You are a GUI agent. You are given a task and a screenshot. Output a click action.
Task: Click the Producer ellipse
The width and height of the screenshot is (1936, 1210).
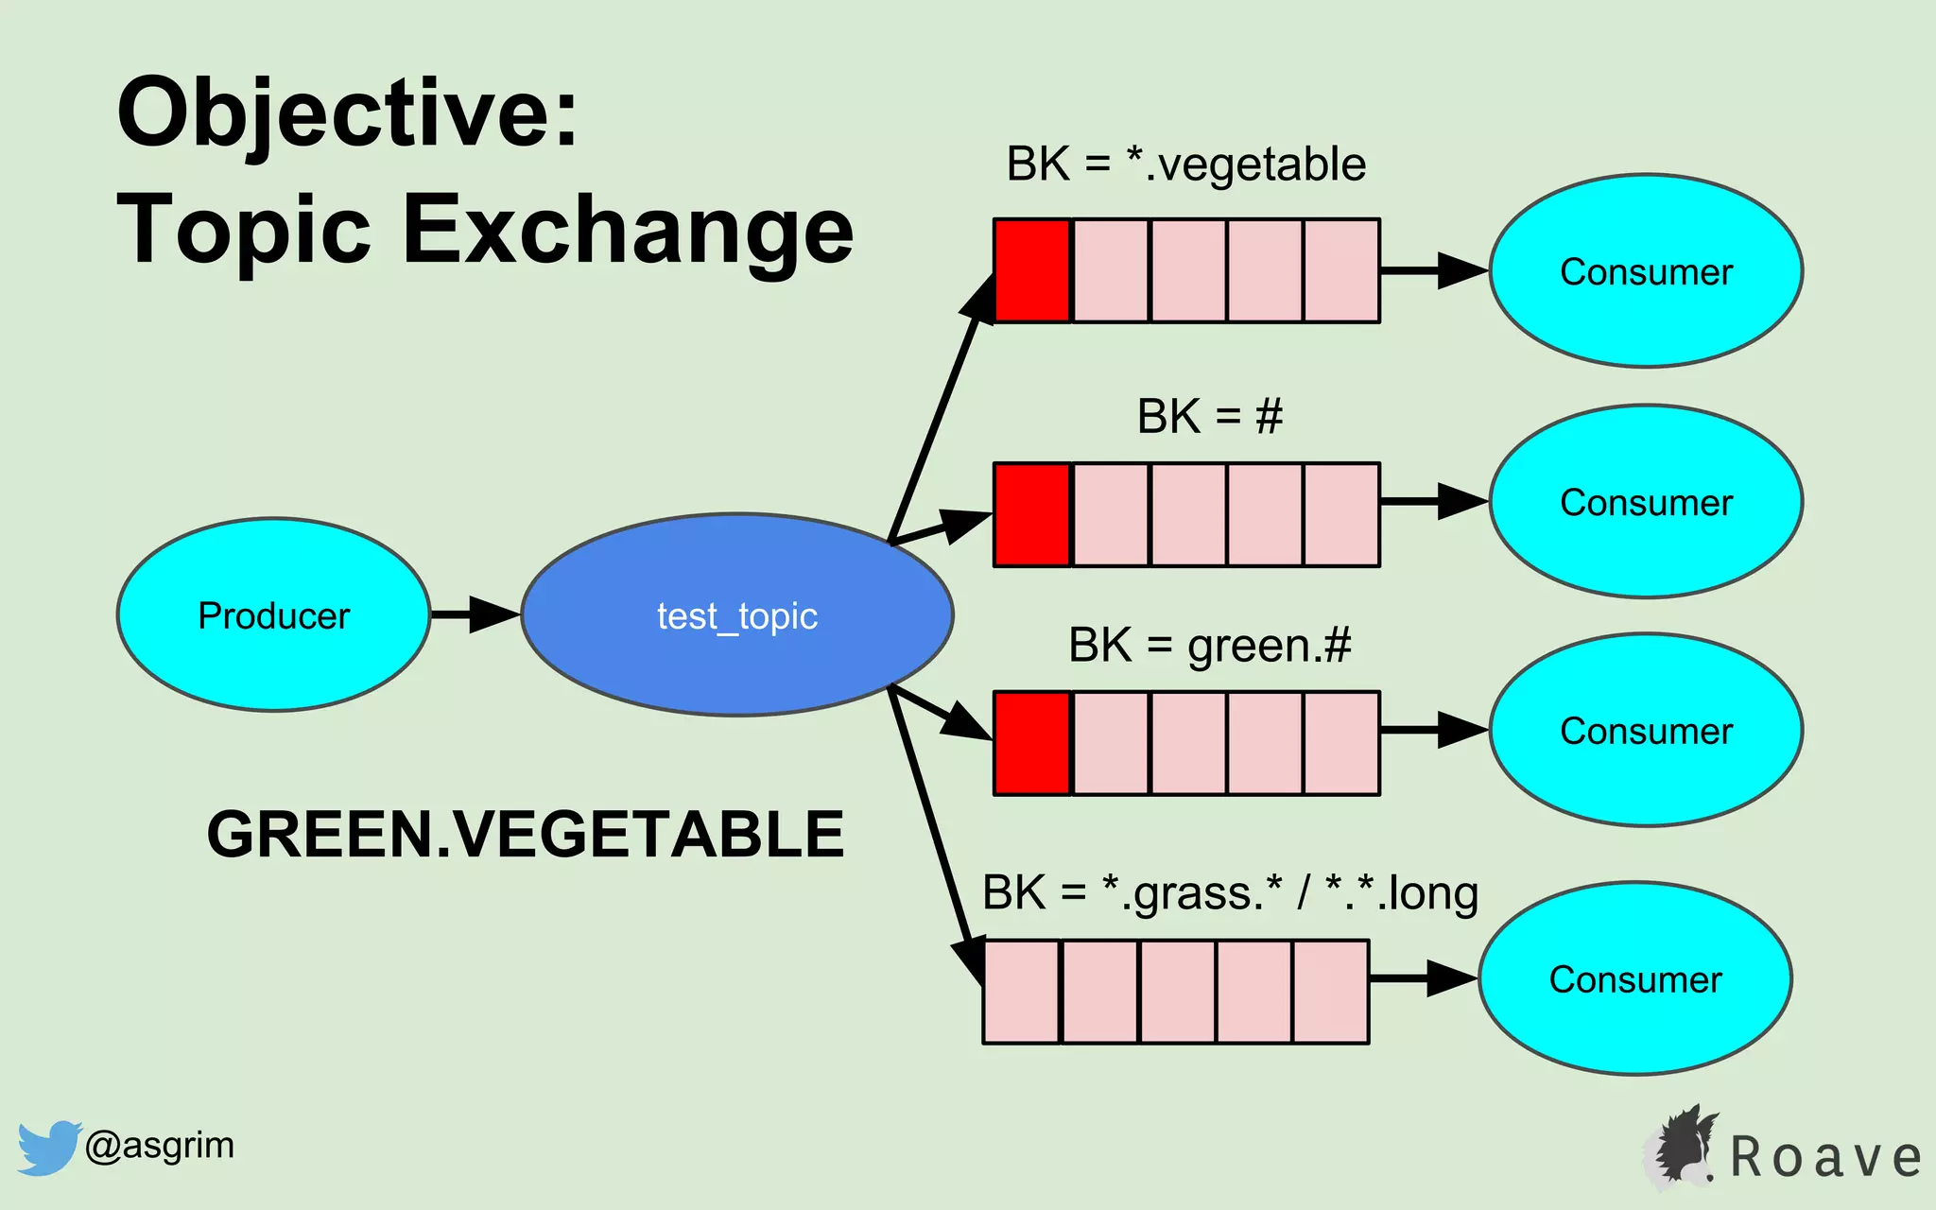pos(273,614)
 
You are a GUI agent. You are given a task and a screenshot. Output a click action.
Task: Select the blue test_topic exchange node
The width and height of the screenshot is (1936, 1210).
pos(737,614)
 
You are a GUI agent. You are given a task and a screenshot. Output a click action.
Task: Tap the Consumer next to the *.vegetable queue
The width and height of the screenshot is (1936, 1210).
pos(1646,271)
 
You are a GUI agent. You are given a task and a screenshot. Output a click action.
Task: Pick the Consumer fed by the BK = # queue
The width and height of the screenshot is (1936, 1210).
pos(1646,502)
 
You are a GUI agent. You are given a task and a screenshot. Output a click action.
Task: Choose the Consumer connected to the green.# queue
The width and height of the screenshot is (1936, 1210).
pos(1646,731)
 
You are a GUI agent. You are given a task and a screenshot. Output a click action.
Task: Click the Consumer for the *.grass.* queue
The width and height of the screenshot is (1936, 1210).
pos(1635,978)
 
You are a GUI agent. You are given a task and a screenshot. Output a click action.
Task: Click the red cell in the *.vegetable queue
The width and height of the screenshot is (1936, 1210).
pos(1032,270)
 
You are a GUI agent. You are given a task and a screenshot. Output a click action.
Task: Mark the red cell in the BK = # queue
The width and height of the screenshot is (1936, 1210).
pos(1032,514)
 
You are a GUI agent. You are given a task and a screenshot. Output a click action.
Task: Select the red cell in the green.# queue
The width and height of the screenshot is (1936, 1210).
pos(1032,743)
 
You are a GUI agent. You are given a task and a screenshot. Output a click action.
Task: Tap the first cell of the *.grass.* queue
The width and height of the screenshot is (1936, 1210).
pos(1022,991)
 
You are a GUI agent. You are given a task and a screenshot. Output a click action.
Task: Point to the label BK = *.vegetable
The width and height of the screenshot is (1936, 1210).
pos(1185,164)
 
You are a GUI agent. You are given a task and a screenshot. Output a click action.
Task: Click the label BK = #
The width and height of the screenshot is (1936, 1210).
pos(1209,416)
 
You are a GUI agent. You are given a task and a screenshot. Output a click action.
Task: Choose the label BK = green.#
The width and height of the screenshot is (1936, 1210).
pos(1209,646)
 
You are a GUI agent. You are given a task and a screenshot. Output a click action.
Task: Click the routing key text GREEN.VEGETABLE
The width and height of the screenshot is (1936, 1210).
pos(525,834)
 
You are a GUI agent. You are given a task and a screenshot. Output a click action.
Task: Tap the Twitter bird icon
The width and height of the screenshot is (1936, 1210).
pos(47,1147)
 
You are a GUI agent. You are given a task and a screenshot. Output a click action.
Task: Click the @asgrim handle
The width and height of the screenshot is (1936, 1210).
pos(159,1145)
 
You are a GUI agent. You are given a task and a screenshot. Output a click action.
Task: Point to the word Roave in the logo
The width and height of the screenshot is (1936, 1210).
pos(1825,1157)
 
